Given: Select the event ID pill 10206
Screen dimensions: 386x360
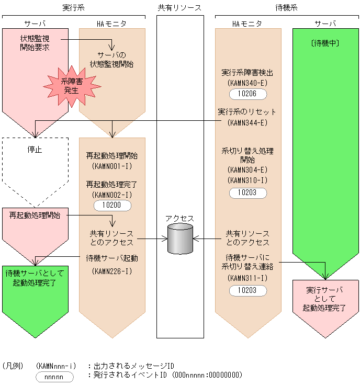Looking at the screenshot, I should click(248, 94).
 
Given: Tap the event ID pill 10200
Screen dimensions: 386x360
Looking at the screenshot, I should click(113, 206).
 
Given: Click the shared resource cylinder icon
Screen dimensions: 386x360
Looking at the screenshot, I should click(180, 239).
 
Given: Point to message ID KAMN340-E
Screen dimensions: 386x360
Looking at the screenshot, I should click(248, 83).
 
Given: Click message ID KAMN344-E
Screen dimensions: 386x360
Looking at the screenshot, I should click(248, 122).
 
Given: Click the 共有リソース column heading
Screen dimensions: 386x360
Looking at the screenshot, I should click(179, 7).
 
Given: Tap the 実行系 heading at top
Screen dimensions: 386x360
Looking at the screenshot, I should click(73, 7).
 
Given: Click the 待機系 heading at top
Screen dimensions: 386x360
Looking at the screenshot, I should click(287, 7).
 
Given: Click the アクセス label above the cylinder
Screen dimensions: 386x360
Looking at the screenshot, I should click(179, 218).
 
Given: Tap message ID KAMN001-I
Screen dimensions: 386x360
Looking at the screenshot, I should click(112, 167).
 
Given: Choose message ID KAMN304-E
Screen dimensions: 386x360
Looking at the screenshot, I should click(248, 171).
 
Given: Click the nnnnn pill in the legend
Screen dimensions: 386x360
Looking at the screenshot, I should click(54, 377).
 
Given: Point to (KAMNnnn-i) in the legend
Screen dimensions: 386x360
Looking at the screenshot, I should click(57, 366).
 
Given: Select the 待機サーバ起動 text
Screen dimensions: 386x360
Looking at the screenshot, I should click(112, 258).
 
